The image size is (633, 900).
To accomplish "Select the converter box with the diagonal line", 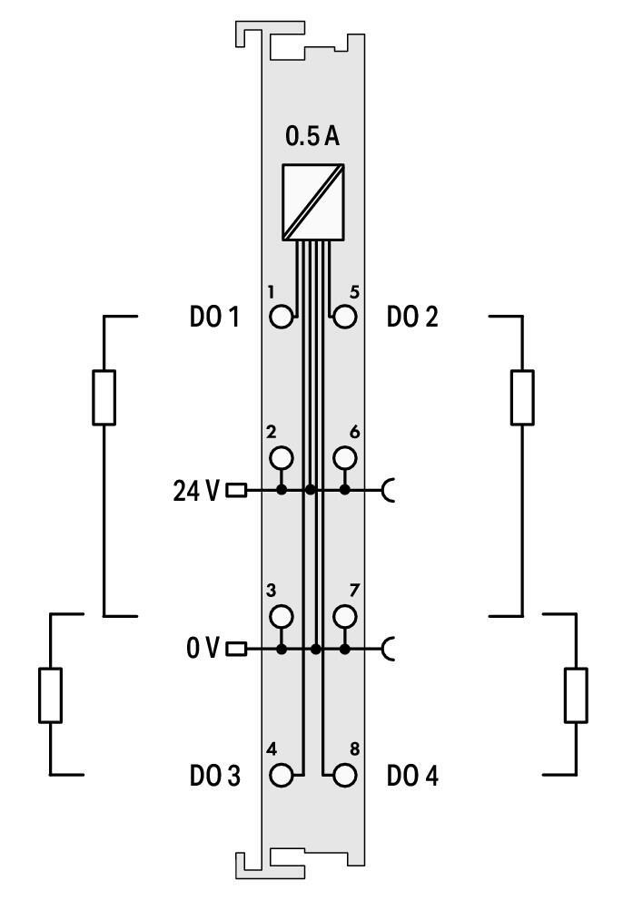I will point(313,202).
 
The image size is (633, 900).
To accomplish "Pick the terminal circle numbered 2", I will point(282,457).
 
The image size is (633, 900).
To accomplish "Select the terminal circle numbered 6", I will point(344,457).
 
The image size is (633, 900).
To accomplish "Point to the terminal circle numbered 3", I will point(282,617).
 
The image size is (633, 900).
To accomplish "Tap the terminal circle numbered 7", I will point(344,617).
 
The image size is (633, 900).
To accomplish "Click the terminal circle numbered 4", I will point(282,776).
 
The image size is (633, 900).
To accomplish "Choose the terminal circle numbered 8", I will point(344,776).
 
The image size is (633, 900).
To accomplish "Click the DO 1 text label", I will point(214,318).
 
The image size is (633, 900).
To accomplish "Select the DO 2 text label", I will point(412,318).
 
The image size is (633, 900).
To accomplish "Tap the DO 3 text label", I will point(214,777).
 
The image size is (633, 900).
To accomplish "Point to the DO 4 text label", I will point(412,777).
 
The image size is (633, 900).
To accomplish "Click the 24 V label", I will point(196,491).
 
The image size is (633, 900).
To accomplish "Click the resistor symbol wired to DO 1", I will point(104,397).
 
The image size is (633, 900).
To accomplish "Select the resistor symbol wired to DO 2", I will point(522,397).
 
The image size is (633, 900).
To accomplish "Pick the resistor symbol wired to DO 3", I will point(50,695).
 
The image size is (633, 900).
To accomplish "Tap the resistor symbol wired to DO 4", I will point(576,695).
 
